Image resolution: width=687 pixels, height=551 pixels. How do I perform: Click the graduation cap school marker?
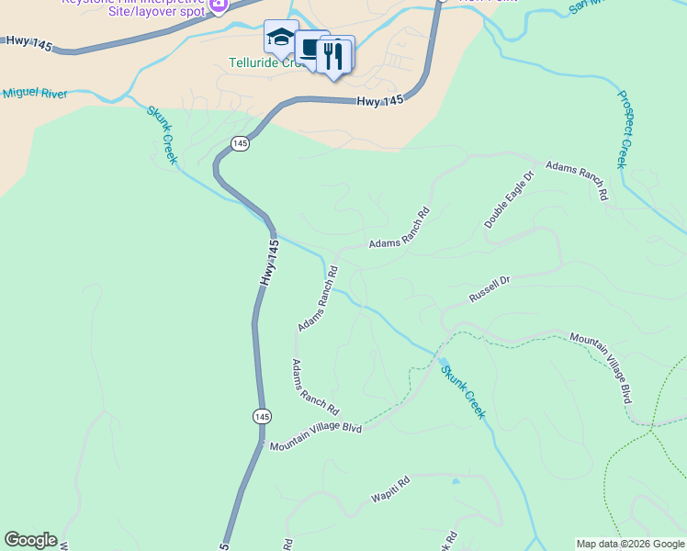tap(280, 38)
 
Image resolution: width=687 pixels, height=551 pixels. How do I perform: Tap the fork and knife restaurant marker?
tap(335, 55)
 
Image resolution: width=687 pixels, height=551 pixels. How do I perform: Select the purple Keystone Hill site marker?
tap(219, 5)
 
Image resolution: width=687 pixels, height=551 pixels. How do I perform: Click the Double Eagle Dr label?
tap(509, 200)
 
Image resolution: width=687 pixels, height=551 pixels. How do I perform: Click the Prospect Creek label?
tap(628, 129)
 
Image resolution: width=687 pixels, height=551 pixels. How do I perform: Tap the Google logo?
tap(30, 540)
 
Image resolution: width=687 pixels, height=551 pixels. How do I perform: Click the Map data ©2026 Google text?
tap(630, 544)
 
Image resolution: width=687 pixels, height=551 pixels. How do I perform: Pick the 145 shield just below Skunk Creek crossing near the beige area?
tap(240, 142)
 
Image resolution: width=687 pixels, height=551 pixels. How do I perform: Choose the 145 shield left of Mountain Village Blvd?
tap(262, 416)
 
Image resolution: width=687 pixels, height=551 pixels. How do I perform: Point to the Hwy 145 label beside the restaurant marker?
tap(380, 101)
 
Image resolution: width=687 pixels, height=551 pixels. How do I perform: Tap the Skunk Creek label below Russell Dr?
tap(462, 391)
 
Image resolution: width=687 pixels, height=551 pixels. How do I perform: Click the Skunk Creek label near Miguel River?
tap(162, 134)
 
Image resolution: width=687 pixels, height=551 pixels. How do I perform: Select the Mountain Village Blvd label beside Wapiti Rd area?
tap(316, 435)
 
